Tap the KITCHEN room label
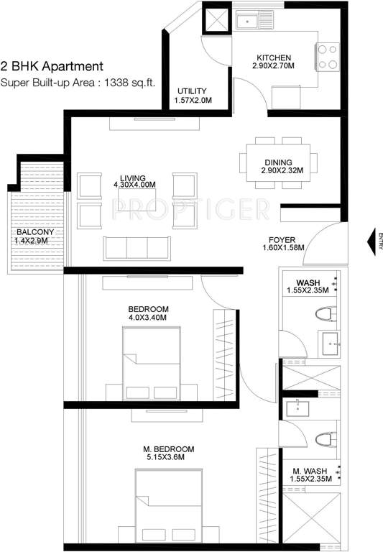pos(273,58)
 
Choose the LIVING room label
pos(134,178)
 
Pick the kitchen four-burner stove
pos(328,56)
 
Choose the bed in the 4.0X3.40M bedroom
pos(150,371)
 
